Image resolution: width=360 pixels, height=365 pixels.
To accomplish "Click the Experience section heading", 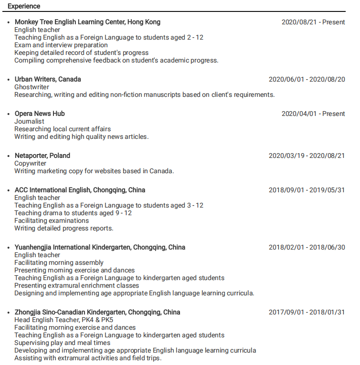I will point(24,6).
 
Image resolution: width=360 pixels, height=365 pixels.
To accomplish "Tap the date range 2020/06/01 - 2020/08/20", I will point(307,79).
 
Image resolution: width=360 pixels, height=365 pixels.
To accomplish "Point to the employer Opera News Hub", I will point(40,114).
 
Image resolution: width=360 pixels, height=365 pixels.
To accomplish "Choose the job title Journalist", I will point(29,121).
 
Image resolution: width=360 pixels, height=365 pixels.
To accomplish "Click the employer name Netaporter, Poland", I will point(42,156).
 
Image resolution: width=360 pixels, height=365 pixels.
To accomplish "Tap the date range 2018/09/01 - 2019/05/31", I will point(307,190).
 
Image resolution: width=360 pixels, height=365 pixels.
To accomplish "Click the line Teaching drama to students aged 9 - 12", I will point(73,213).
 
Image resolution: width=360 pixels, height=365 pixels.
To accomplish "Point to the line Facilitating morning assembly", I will point(59,262).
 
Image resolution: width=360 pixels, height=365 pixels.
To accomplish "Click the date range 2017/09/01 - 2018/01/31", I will point(307,312).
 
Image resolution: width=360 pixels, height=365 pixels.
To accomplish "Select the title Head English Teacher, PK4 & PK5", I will point(64,320).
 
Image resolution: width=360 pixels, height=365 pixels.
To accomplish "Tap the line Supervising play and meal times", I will point(62,343).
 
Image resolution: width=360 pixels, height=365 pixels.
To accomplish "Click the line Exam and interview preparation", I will point(61,45).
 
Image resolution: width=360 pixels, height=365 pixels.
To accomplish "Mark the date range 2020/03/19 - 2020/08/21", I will point(307,156).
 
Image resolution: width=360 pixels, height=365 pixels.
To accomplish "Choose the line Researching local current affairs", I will point(63,129).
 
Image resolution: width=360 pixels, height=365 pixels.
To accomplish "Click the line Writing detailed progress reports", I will point(64,228).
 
